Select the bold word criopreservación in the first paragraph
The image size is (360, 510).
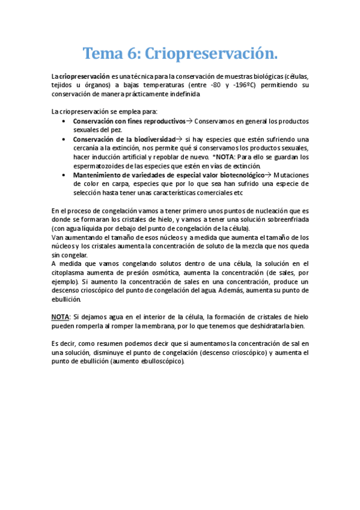coord(85,76)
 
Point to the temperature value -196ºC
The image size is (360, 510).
coord(243,85)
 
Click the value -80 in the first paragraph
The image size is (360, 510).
coord(209,85)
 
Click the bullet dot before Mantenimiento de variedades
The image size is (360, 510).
coord(64,175)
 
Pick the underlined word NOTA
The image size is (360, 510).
coord(61,317)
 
